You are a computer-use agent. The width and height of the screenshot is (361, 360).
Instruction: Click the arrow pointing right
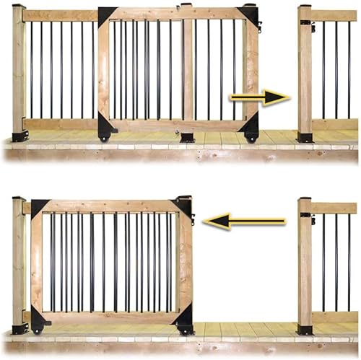(260, 97)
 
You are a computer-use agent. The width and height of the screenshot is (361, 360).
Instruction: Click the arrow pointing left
(243, 221)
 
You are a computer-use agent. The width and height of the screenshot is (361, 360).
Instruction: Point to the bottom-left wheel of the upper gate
(104, 136)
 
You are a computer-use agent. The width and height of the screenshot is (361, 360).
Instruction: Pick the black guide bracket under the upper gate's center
(187, 136)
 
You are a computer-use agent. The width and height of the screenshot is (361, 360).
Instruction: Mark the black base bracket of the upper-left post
(20, 136)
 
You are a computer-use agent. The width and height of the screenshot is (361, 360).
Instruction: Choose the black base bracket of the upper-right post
(305, 136)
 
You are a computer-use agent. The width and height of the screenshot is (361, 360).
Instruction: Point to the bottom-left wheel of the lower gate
(38, 329)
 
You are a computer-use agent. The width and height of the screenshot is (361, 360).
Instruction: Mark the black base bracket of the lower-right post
(305, 329)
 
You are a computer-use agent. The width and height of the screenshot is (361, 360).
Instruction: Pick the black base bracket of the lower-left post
(20, 328)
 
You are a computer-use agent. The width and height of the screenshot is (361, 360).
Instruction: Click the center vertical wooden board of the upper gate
(188, 69)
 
